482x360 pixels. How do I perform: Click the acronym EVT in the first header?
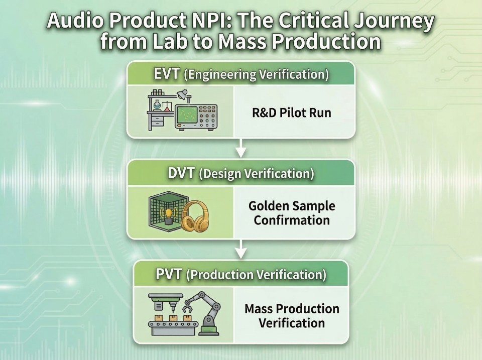(166, 74)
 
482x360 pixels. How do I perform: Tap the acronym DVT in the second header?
(181, 173)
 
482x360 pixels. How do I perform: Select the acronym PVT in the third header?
(169, 274)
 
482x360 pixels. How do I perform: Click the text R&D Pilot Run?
(291, 113)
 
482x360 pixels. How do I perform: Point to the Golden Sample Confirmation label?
(292, 213)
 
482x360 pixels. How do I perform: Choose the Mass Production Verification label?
(292, 316)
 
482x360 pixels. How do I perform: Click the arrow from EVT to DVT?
(241, 148)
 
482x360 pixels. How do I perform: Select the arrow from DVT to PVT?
(241, 249)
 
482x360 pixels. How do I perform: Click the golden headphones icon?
(195, 216)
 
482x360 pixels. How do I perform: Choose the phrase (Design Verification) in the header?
(257, 174)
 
